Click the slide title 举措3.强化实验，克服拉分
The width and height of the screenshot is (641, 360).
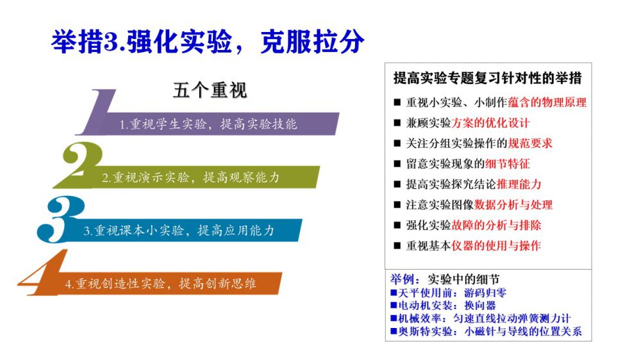click(208, 41)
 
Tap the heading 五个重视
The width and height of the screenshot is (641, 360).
click(210, 90)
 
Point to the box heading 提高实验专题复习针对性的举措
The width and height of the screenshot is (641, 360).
click(487, 78)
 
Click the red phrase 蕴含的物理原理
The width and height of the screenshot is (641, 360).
click(547, 102)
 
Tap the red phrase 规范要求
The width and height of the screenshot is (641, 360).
click(530, 143)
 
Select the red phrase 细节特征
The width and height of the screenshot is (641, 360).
click(507, 164)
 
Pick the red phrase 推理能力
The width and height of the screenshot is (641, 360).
click(519, 184)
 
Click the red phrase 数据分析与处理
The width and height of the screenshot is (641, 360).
click(513, 205)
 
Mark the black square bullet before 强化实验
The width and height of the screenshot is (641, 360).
click(397, 225)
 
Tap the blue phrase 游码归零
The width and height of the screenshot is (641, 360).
click(485, 293)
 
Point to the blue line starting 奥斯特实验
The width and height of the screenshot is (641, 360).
click(486, 331)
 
